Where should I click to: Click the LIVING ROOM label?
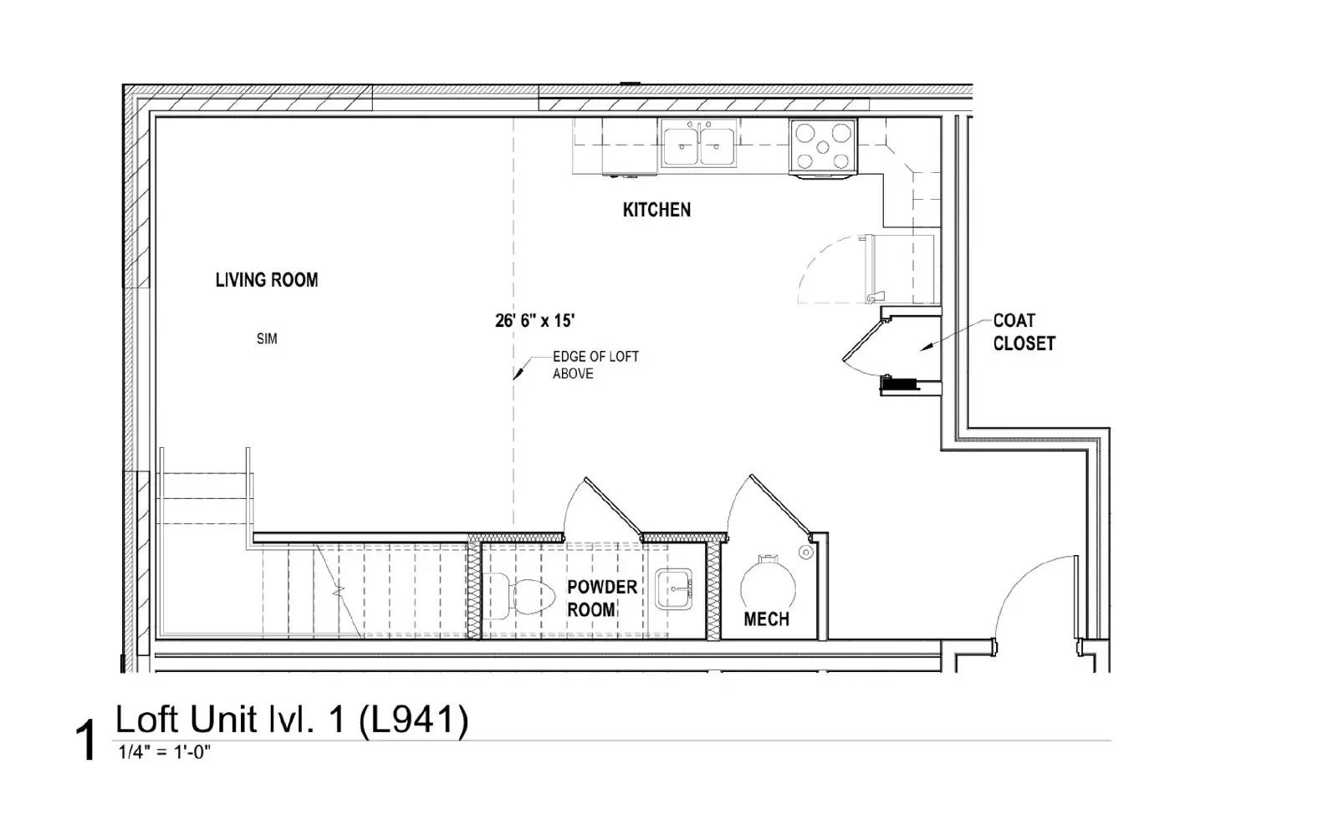(267, 280)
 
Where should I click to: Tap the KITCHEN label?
(656, 210)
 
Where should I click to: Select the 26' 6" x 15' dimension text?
(534, 321)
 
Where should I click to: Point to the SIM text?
(267, 339)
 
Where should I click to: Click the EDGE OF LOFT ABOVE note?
(595, 364)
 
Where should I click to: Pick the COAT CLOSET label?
(1024, 332)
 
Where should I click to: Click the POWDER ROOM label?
(601, 598)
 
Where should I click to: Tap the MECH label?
(766, 619)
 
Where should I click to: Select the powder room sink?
(674, 589)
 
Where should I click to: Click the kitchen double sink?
(699, 144)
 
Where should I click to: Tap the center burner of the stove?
(823, 147)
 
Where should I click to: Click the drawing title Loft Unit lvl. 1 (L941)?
(292, 719)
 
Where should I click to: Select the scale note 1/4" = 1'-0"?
(164, 752)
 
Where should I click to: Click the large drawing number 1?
(87, 741)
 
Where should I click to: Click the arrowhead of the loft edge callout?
(518, 374)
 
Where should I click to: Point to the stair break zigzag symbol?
(339, 590)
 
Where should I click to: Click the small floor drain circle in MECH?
(806, 553)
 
